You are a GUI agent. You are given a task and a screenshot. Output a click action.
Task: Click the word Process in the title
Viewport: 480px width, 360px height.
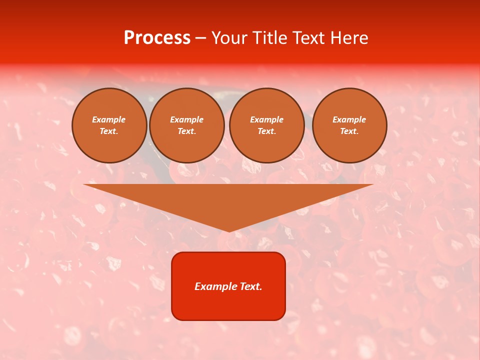pyautogui.click(x=157, y=38)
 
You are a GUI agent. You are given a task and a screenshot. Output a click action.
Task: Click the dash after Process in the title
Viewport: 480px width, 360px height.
pyautogui.click(x=200, y=38)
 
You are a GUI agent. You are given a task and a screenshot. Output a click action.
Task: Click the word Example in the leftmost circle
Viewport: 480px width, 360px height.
pyautogui.click(x=109, y=119)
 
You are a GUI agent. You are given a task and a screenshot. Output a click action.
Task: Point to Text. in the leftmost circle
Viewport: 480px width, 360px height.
pyautogui.click(x=109, y=131)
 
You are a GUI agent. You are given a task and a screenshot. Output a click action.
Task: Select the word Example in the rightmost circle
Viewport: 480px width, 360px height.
pyautogui.click(x=349, y=119)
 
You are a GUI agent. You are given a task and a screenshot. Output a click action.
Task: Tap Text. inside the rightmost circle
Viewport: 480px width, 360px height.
pyautogui.click(x=349, y=131)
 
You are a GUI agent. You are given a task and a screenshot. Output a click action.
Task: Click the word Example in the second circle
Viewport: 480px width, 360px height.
pyautogui.click(x=187, y=119)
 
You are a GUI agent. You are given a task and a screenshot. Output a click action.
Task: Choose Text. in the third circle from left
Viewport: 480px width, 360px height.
pyautogui.click(x=267, y=131)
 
